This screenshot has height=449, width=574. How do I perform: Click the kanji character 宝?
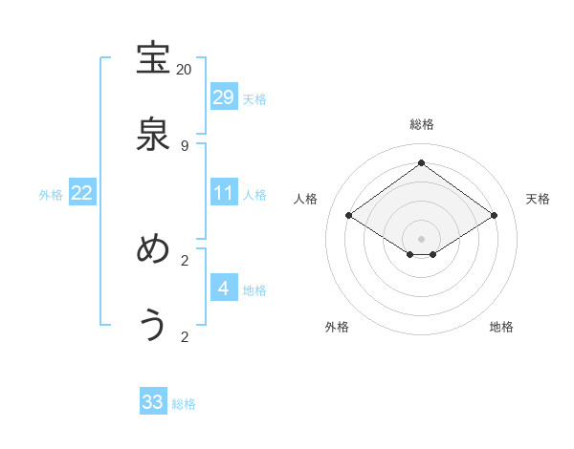pos(153,59)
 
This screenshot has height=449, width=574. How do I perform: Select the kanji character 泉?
pos(153,136)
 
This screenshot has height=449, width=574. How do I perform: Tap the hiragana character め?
pos(153,249)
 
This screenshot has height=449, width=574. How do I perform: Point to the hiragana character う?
pos(153,326)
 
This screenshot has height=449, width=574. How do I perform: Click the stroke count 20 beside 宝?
pos(184,70)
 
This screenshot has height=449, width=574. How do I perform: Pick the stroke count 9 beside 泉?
pos(184,146)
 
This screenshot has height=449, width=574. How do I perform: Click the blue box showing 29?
pos(224,96)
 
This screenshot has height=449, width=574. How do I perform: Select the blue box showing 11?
pos(224,193)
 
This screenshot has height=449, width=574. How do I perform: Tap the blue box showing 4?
pos(224,288)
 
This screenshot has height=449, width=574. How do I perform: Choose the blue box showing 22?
pos(82,193)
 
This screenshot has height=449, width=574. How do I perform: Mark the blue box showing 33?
pos(153,402)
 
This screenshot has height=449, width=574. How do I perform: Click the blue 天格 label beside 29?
pos(254,98)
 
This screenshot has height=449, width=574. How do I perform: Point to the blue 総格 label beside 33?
pos(184,404)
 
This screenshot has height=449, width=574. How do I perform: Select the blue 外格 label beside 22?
pos(51,195)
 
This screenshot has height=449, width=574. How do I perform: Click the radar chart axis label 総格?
pos(421,124)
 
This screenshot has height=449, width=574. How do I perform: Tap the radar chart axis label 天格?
pos(539,199)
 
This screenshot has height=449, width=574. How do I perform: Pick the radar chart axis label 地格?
pos(501,327)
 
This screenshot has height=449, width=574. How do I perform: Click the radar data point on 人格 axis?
pos(349,216)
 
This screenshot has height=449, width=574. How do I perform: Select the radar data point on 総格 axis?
pos(421,162)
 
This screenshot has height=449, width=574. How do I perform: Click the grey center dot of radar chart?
pos(421,238)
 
